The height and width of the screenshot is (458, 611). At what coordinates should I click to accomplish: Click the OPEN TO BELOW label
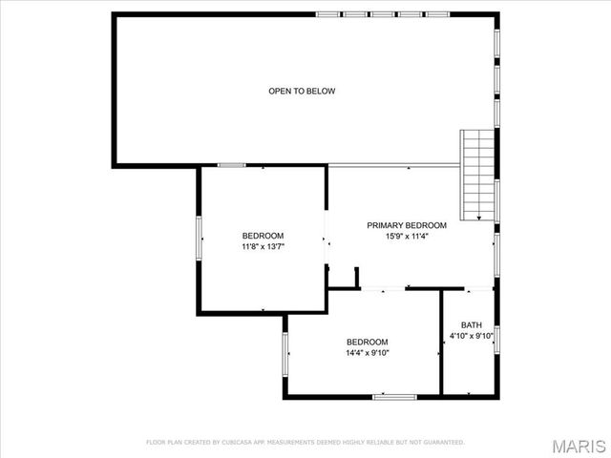click(302, 92)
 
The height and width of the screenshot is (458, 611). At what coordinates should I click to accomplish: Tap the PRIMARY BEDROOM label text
click(406, 225)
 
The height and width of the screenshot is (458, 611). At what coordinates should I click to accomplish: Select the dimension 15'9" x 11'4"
click(406, 236)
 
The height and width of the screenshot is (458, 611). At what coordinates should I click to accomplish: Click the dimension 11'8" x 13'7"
click(263, 246)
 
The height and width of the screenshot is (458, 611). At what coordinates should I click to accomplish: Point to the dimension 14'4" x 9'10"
click(367, 352)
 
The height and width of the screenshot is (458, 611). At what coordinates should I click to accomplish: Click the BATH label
click(472, 324)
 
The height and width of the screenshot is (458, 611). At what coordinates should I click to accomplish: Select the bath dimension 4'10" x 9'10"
click(472, 336)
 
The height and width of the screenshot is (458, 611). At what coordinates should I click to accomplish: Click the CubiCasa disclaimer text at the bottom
click(305, 443)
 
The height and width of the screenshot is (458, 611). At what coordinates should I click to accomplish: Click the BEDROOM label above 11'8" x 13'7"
click(263, 236)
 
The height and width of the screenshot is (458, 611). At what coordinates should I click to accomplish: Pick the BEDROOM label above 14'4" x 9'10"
click(367, 342)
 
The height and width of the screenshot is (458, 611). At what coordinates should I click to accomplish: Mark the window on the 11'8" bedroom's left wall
click(199, 238)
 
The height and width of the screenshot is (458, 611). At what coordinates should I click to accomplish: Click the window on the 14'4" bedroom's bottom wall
click(394, 396)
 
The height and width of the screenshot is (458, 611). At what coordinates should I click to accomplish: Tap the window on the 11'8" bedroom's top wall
click(232, 166)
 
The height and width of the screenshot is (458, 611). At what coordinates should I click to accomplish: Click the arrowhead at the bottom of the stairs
click(478, 219)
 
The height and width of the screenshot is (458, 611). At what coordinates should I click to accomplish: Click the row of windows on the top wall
click(383, 14)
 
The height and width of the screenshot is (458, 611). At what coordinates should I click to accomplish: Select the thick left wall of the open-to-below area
click(114, 91)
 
